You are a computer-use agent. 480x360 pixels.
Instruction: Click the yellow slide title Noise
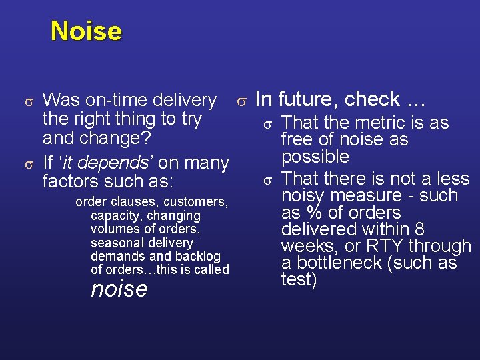86,31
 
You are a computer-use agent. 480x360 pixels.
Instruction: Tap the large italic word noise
119,289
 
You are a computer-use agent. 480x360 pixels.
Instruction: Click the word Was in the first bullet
60,100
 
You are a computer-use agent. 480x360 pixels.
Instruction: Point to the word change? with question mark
117,139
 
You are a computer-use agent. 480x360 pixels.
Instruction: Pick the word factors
69,181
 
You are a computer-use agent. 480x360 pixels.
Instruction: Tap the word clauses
135,201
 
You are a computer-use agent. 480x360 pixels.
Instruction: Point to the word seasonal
114,243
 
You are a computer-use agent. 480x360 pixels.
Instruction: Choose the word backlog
197,256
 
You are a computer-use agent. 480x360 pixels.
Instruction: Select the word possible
315,157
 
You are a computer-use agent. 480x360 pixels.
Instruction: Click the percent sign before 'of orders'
311,213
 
